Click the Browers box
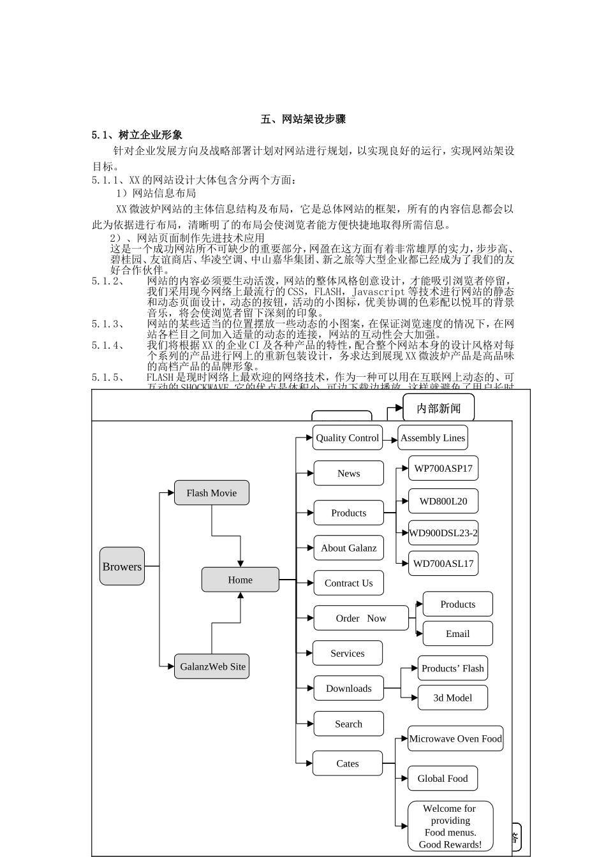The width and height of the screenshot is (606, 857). coord(122,566)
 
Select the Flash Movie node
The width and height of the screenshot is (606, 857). coord(211,493)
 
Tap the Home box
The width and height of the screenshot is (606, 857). coord(240,580)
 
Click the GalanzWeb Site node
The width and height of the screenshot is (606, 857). coord(212,666)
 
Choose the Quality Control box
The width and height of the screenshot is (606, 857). coord(347,437)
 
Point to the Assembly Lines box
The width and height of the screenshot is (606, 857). coord(432,437)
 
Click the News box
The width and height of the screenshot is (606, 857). coord(348,473)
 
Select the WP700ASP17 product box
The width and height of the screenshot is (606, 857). coord(443,468)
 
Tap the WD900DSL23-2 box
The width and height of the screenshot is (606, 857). coord(443,533)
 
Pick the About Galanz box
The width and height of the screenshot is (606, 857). coord(348,548)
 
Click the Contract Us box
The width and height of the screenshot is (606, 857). coord(348,583)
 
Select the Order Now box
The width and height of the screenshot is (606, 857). coord(360,618)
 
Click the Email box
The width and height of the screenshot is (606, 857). coord(457,634)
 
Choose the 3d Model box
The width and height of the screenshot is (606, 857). coord(452,698)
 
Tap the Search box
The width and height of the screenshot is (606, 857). coord(348,724)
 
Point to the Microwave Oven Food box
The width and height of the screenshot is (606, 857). coord(455,738)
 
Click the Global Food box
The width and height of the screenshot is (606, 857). coord(442,779)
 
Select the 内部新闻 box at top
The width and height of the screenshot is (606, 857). coord(438,408)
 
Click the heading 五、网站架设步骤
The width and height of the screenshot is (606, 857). coord(303,119)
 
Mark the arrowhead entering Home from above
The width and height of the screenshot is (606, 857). coord(240,563)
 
